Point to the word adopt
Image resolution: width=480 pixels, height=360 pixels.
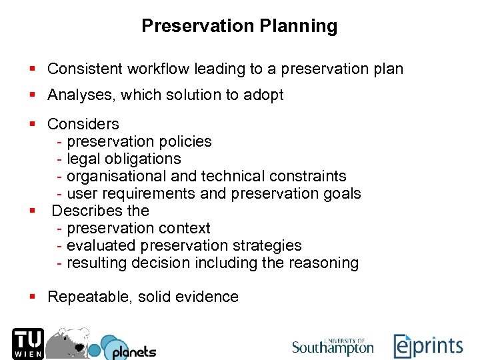point(265,95)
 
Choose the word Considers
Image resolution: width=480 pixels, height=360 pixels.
point(83,124)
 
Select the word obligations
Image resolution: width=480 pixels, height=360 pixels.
point(147,159)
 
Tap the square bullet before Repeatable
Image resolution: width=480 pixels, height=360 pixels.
point(32,297)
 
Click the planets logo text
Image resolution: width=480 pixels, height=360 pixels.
point(133,351)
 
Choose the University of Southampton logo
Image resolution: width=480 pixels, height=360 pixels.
point(333,345)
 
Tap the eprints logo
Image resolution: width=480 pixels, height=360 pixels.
point(427,345)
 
